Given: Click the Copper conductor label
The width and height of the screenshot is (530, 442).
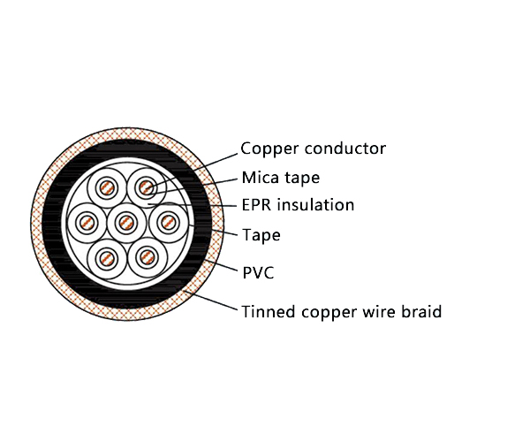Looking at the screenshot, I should [x=313, y=149].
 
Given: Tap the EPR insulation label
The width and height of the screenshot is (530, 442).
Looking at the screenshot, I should [x=298, y=206].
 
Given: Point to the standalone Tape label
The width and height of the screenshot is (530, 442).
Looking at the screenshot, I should [x=261, y=235].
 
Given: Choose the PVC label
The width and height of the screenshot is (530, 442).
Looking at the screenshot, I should [x=258, y=272].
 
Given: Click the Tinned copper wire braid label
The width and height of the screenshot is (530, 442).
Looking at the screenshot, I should [x=341, y=311].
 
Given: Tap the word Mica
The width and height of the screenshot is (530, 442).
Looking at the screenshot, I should [x=258, y=178].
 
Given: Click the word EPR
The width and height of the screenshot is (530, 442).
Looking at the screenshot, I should [x=256, y=206].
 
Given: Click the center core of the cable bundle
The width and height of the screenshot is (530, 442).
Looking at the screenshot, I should [x=126, y=221].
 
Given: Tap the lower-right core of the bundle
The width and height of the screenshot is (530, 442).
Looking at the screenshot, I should [x=146, y=256].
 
